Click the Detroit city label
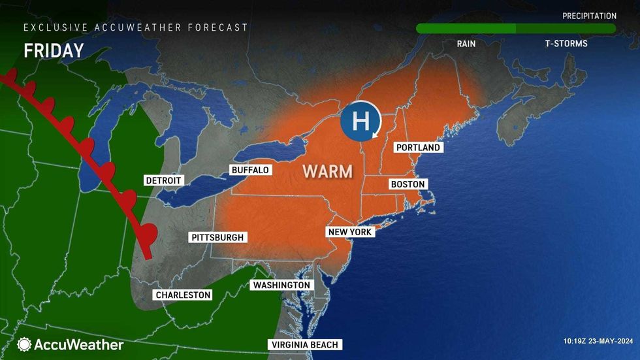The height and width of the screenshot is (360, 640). click(164, 180)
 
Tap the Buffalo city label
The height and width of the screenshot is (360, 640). click(250, 170)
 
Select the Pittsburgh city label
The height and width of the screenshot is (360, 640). click(217, 237)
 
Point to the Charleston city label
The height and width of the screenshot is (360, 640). click(183, 295)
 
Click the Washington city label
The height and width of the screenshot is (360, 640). click(281, 286)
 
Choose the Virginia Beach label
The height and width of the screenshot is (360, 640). click(305, 345)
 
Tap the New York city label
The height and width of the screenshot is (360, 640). click(351, 232)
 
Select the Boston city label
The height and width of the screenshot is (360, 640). click(408, 184)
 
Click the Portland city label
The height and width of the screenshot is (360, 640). click(418, 148)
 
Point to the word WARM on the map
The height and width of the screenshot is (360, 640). click(327, 172)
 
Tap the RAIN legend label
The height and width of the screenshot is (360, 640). click(466, 44)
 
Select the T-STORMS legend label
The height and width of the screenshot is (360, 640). click(566, 44)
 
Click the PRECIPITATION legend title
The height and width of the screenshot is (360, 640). click(589, 16)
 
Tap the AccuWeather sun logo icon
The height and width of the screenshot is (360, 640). click(25, 344)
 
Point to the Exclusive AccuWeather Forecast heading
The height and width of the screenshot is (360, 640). click(136, 27)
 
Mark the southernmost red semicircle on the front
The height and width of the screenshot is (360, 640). click(150, 232)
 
